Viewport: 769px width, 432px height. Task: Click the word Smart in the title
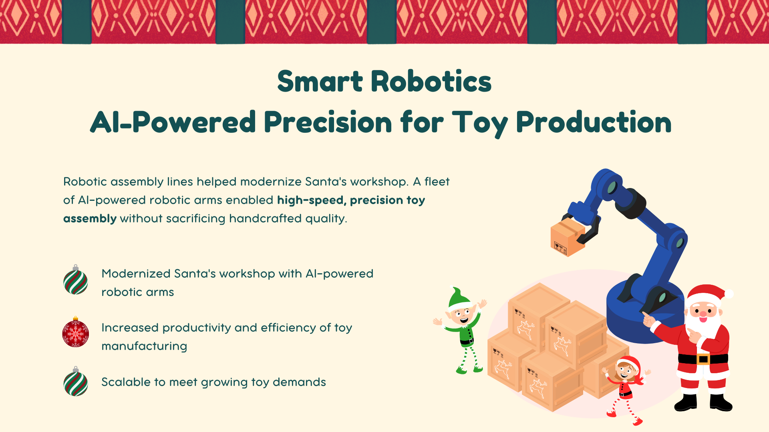320,81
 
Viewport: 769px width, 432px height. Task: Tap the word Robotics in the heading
431,81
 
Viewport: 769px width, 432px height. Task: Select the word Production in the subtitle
594,123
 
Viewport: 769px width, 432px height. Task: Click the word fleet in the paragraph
437,182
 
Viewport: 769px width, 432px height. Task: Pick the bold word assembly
90,219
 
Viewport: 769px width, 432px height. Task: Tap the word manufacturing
144,346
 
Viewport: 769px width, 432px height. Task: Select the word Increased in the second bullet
130,328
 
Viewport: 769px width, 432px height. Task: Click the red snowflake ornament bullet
76,332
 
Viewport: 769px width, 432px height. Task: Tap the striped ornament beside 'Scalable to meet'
76,382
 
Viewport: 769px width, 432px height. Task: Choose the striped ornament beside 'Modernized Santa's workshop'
76,280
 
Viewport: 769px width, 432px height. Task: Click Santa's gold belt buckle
703,359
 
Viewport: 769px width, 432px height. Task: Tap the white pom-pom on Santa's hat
729,294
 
